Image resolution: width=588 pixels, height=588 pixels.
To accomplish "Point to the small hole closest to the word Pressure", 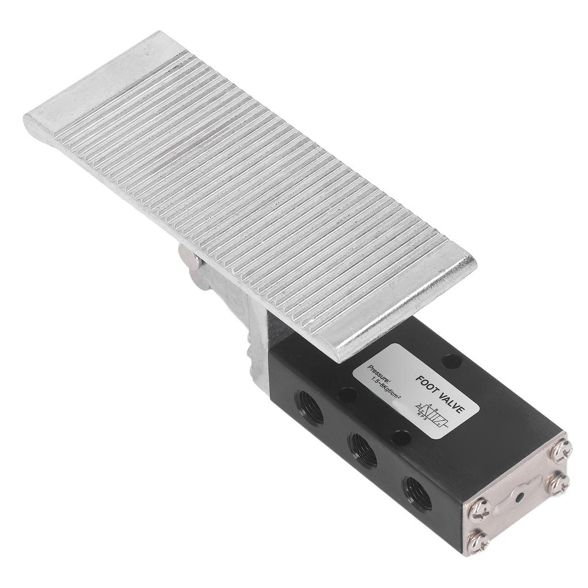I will point(346,396).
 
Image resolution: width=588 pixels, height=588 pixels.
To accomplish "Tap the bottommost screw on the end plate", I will point(477,541).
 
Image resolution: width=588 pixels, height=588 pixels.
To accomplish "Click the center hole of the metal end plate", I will point(521,495).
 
